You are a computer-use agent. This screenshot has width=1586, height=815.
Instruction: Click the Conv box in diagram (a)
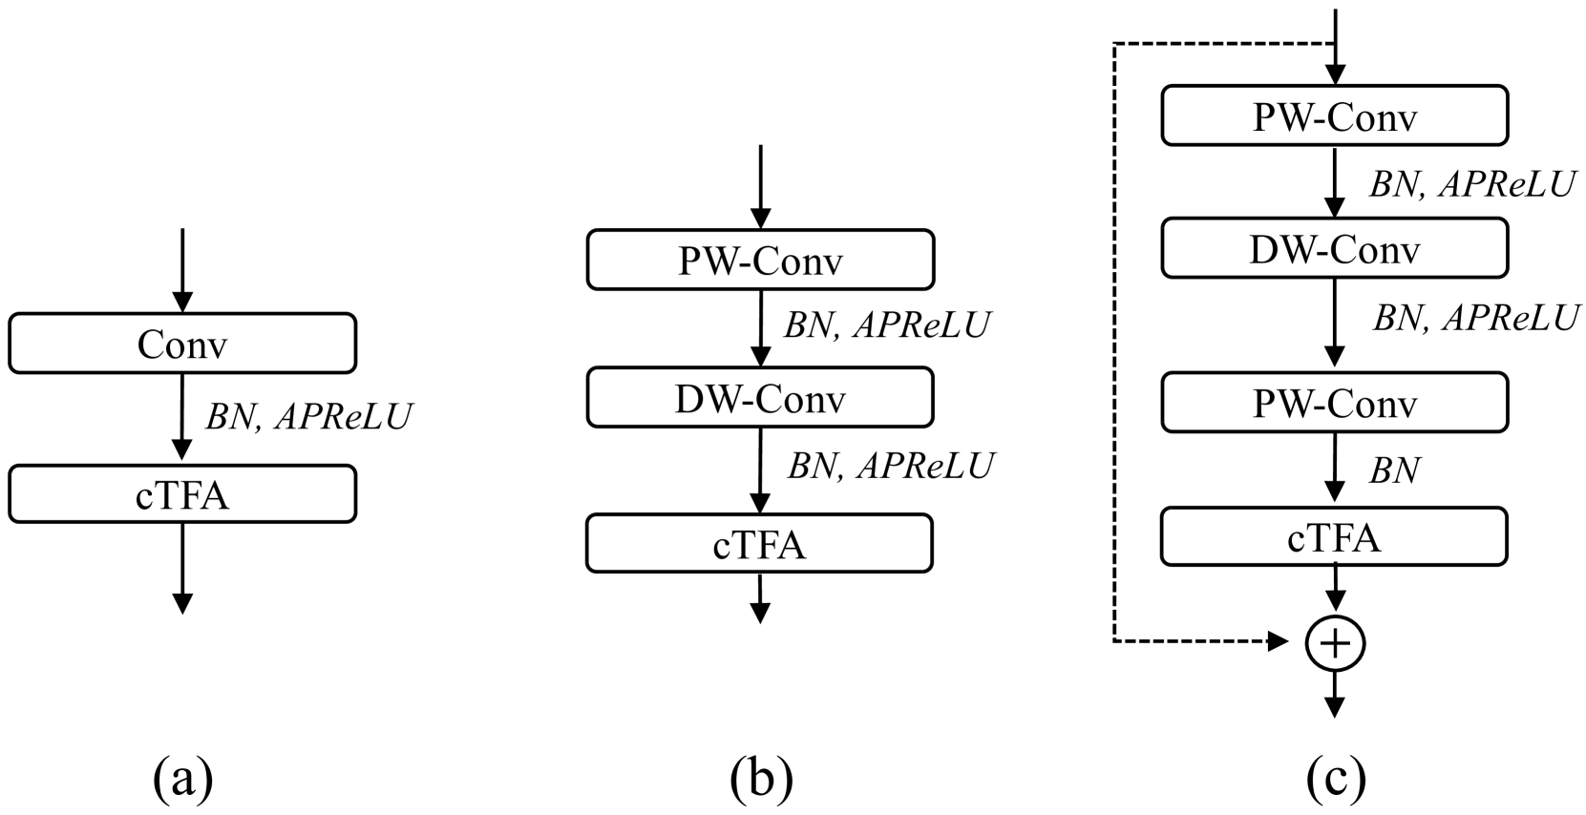click(181, 344)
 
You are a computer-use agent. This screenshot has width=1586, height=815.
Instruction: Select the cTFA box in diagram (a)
click(181, 494)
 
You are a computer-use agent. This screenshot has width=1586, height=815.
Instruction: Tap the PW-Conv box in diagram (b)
click(760, 260)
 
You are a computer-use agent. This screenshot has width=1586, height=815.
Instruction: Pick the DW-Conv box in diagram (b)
click(760, 398)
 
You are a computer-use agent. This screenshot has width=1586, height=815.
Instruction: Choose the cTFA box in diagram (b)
click(760, 544)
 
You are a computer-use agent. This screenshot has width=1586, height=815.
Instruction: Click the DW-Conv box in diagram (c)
click(1334, 248)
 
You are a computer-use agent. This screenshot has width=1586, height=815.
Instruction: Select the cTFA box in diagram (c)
click(1334, 537)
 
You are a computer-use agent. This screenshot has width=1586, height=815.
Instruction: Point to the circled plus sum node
click(1335, 644)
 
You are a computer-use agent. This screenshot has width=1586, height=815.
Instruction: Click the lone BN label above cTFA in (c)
click(1395, 470)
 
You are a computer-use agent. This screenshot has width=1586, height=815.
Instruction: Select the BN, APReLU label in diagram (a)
click(307, 417)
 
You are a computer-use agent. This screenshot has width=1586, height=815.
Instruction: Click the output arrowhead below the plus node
click(1335, 706)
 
